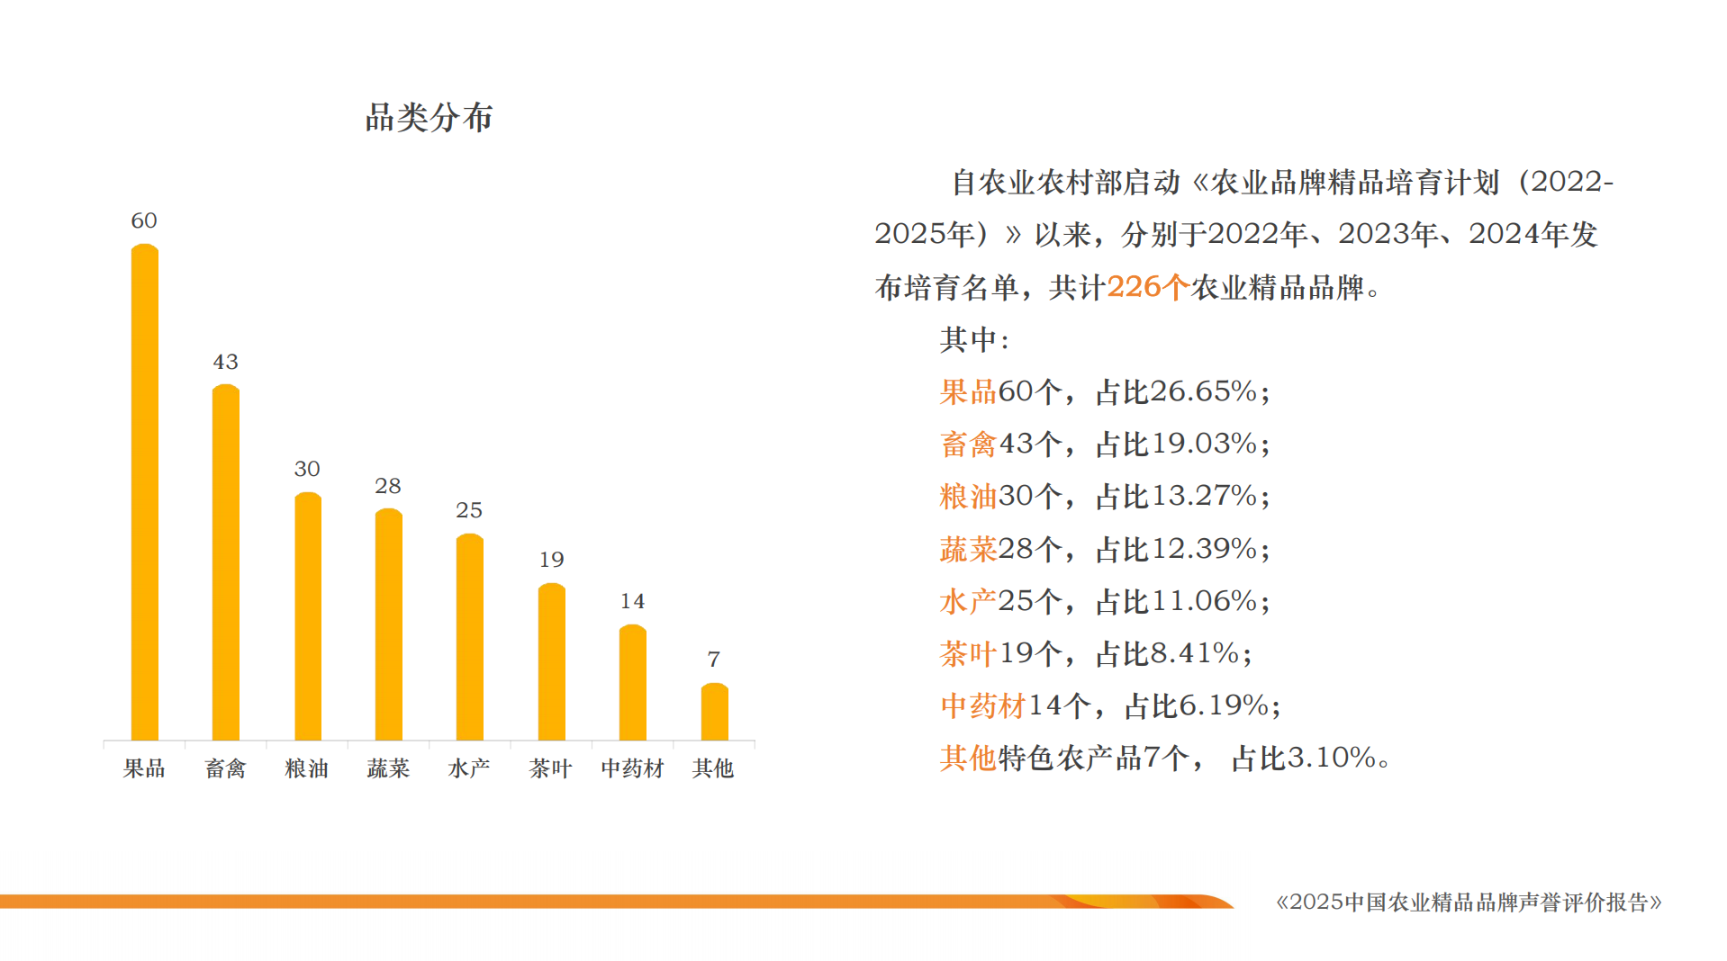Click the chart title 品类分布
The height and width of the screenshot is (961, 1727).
pos(429,118)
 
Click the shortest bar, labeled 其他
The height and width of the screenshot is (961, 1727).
pos(714,712)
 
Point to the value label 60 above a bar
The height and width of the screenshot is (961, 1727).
pos(144,220)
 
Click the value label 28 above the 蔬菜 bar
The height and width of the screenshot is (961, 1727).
pos(388,486)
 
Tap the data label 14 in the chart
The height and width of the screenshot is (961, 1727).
pos(632,601)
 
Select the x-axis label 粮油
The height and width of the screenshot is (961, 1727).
pos(306,768)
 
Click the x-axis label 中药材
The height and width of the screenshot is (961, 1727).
pos(632,768)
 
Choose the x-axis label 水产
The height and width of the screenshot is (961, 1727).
pos(469,768)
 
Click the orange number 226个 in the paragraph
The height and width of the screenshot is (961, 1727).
pos(1147,287)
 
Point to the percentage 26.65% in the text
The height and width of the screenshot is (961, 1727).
pos(1203,391)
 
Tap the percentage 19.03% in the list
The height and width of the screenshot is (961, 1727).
pos(1203,444)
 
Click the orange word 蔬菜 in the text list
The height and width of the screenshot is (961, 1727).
pos(968,549)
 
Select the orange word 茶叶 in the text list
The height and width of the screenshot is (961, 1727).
pos(968,653)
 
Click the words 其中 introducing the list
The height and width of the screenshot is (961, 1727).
pos(969,339)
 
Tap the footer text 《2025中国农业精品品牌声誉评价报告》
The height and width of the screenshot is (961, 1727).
pos(1469,902)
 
